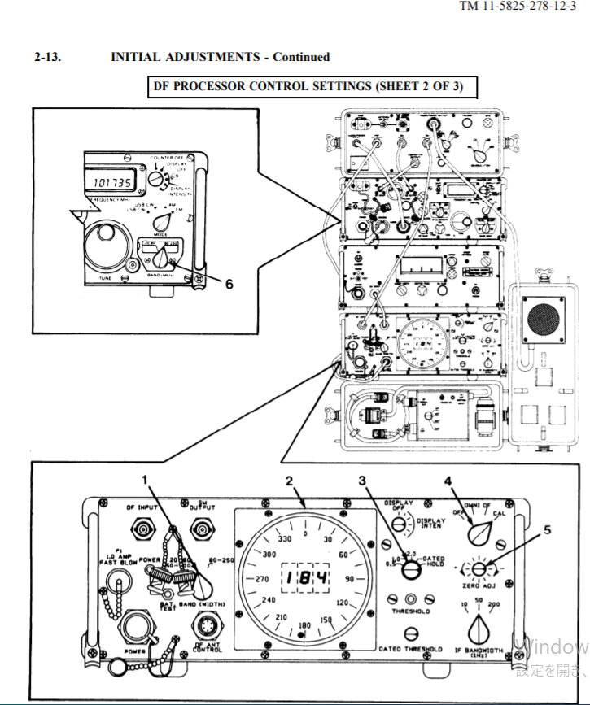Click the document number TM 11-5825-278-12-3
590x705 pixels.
coord(523,7)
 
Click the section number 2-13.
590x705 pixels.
coord(47,57)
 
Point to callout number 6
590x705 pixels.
coord(229,284)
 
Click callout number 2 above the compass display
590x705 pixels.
coord(289,481)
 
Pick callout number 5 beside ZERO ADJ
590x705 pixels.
coord(547,529)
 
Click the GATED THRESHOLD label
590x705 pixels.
coord(411,649)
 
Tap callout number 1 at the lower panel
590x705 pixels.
coord(144,481)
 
